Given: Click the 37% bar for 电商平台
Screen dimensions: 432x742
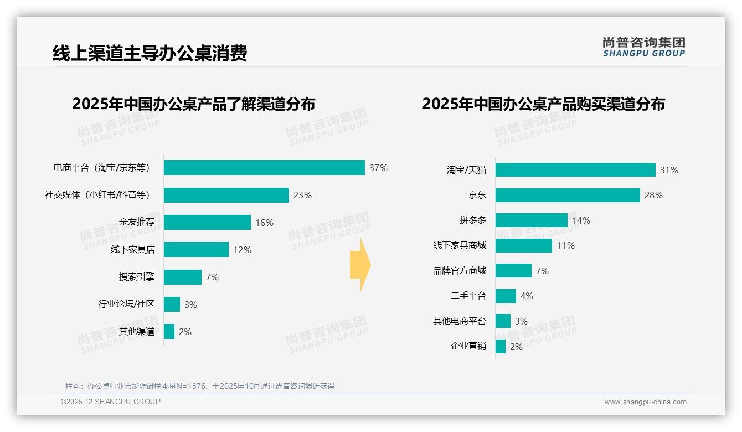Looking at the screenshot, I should tap(264, 168).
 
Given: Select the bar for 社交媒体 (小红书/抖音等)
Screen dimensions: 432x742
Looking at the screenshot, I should tap(226, 195).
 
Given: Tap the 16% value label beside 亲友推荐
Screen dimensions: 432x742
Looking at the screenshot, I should tap(264, 223).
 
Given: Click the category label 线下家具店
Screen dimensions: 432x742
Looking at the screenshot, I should tap(132, 250).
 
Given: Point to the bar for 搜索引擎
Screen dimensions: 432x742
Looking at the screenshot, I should tap(183, 277).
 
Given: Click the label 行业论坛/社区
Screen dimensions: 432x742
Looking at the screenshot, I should tap(126, 304).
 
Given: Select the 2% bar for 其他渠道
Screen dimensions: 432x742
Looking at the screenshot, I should tap(169, 332).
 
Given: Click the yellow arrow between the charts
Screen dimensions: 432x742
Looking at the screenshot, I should tap(360, 265).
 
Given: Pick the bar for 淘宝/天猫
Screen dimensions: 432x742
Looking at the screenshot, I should tap(575, 170).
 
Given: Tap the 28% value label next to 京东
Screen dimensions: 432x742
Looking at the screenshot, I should tap(653, 196).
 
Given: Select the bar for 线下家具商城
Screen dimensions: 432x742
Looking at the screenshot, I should tap(524, 245).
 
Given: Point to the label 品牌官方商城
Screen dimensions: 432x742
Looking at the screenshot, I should tap(459, 271).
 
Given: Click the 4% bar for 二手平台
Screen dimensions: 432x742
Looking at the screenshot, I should tap(506, 296).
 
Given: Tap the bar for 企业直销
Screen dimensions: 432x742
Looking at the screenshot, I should tap(501, 347).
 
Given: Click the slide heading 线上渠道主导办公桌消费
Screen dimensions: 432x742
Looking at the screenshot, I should tap(150, 53).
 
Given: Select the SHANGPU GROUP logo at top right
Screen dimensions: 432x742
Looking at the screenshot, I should tap(643, 47).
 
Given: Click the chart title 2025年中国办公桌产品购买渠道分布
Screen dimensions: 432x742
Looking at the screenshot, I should tap(543, 104).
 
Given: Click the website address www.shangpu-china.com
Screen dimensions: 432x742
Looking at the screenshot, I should tap(645, 402).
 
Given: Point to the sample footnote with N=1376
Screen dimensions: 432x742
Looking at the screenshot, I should tap(200, 386).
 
